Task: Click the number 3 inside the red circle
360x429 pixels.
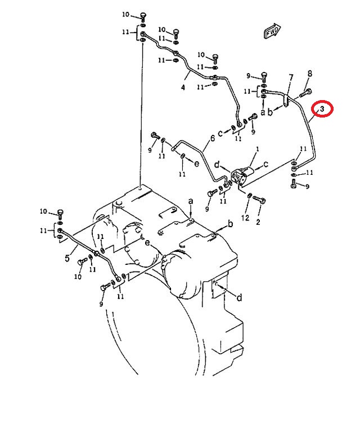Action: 322,109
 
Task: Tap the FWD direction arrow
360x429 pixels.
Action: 272,30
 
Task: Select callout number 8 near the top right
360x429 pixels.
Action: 309,74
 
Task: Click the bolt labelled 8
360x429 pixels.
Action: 306,93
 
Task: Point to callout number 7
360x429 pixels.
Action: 291,78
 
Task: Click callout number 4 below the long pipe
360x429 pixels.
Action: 183,87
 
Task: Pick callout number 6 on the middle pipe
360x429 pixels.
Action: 213,138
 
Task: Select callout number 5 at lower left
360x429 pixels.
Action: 67,258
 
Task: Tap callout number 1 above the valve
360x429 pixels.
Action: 257,149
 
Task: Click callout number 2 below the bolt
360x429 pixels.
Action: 258,222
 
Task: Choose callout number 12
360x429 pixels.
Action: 245,218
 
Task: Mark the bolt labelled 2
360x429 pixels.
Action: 259,200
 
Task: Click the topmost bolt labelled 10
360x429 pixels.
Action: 143,16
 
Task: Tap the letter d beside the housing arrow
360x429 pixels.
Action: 239,297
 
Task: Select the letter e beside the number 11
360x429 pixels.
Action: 196,164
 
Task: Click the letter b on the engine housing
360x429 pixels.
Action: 231,224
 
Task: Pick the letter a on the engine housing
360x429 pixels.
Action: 191,201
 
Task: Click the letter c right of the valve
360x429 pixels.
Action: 265,164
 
